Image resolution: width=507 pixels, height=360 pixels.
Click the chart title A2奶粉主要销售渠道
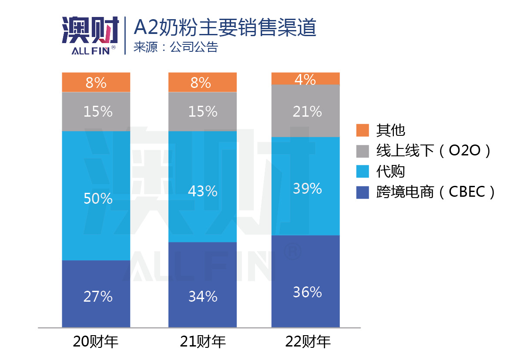point(225,28)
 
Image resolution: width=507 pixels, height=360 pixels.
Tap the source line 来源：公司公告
point(175,47)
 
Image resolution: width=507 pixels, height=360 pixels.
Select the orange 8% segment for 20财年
point(96,82)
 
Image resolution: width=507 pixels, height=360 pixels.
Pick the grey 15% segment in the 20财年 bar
point(96,111)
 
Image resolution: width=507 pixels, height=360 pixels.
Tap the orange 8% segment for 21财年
point(202,82)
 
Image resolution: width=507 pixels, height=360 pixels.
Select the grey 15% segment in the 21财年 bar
point(202,111)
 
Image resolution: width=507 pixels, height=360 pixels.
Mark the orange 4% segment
point(306,79)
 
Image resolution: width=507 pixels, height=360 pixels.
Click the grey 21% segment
point(306,111)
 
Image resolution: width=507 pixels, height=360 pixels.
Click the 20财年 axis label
point(96,342)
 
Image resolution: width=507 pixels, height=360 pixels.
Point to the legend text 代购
point(390,172)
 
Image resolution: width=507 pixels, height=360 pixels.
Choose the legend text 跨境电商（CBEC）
point(436,192)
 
